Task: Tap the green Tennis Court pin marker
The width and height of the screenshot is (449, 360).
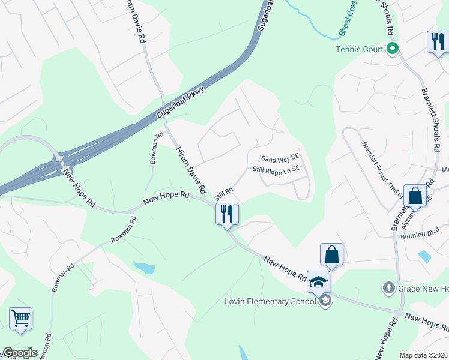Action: tap(393, 49)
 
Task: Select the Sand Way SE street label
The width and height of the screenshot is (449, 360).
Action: tap(279, 158)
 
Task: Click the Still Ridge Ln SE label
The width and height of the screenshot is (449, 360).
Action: tap(276, 170)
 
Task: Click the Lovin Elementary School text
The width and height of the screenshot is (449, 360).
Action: tap(271, 301)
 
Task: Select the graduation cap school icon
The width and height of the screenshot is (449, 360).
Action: tap(318, 281)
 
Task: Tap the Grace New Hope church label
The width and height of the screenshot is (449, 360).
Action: tap(424, 289)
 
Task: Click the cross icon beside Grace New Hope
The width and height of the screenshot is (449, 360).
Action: tap(388, 289)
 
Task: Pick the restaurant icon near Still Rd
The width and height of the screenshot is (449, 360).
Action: tap(227, 214)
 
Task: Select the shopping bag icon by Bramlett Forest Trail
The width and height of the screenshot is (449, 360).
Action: tap(415, 195)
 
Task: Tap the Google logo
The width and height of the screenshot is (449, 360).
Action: tap(20, 353)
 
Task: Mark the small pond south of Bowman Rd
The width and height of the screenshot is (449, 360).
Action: tap(145, 267)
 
